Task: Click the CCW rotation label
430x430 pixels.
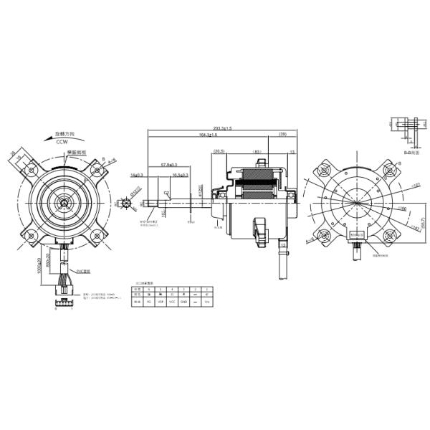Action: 62,143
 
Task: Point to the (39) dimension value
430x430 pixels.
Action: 282,135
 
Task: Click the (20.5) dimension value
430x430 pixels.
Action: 219,151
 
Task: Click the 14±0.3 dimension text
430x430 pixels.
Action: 137,174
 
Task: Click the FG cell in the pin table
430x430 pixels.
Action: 148,302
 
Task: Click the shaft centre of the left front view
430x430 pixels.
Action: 66,204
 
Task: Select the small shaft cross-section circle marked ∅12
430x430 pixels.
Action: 128,203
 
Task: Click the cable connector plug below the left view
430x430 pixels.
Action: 62,303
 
